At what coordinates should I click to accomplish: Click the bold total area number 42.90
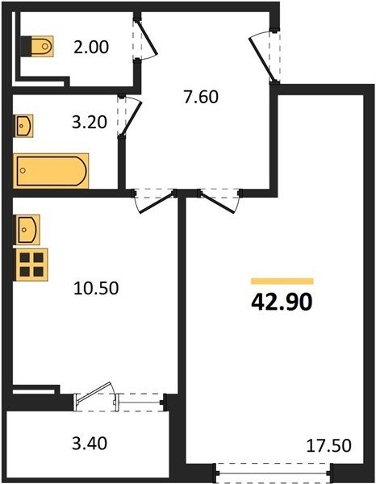pyautogui.click(x=282, y=303)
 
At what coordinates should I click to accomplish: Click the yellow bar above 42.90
pyautogui.click(x=282, y=280)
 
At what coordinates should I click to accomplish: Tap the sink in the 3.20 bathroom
pyautogui.click(x=25, y=127)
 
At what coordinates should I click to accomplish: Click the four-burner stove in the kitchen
pyautogui.click(x=31, y=265)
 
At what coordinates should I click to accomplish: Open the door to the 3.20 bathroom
pyautogui.click(x=129, y=115)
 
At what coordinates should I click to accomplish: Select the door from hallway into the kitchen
pyautogui.click(x=155, y=201)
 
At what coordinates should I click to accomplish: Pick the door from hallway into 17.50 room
pyautogui.click(x=218, y=201)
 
